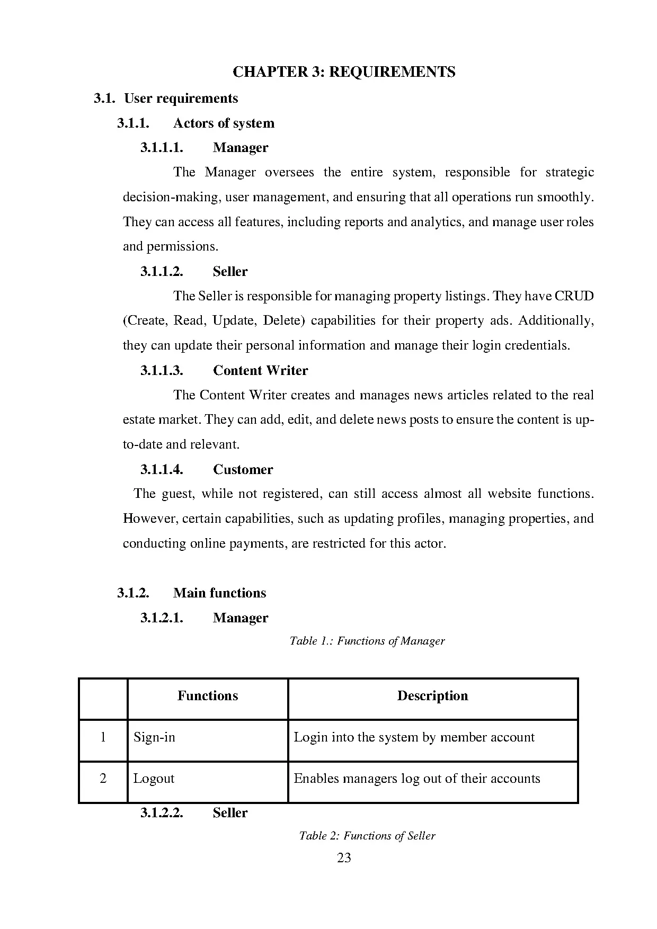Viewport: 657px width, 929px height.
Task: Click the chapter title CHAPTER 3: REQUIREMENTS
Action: click(344, 72)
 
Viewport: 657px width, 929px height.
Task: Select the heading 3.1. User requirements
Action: click(166, 99)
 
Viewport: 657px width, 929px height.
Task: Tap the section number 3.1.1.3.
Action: click(162, 371)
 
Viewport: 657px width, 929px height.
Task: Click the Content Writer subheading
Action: click(260, 371)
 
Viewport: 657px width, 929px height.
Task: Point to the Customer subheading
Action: click(243, 470)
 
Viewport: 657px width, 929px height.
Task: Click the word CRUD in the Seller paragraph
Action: click(574, 296)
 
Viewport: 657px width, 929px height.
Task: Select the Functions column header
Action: click(207, 696)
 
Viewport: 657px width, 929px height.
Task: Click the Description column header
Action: click(432, 696)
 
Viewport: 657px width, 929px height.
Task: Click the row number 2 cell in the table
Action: click(103, 779)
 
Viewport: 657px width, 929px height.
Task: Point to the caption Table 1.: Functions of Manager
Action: click(367, 641)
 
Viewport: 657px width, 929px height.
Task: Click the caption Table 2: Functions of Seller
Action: click(367, 836)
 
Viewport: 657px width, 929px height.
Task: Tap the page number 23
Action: click(344, 859)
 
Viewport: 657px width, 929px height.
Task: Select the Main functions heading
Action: click(219, 593)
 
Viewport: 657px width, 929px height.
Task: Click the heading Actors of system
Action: click(224, 123)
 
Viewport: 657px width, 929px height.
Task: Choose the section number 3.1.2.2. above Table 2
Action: click(162, 813)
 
